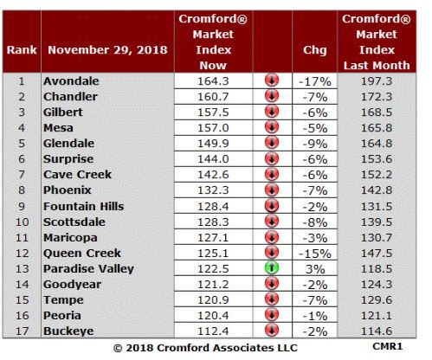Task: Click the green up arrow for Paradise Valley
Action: pyautogui.click(x=272, y=267)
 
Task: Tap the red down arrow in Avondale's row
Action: pyautogui.click(x=272, y=80)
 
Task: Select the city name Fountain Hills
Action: pyautogui.click(x=84, y=206)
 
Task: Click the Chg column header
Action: pyautogui.click(x=315, y=50)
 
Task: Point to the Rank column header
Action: pyautogui.click(x=22, y=50)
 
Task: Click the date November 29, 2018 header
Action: pyautogui.click(x=107, y=50)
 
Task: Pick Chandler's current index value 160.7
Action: pyautogui.click(x=213, y=97)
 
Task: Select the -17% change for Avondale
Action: pyautogui.click(x=315, y=81)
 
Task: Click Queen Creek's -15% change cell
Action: pyautogui.click(x=315, y=254)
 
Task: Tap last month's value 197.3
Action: pyautogui.click(x=377, y=81)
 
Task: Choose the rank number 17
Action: pyautogui.click(x=22, y=331)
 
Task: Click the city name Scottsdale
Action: pyautogui.click(x=74, y=222)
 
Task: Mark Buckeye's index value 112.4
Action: pyautogui.click(x=213, y=331)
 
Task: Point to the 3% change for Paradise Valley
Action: pyautogui.click(x=315, y=269)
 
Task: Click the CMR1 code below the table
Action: pyautogui.click(x=387, y=346)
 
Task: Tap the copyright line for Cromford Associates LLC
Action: pyautogui.click(x=205, y=348)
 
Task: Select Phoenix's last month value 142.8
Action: pyautogui.click(x=377, y=190)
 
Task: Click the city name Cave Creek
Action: pyautogui.click(x=77, y=175)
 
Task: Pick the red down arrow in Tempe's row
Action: pyautogui.click(x=272, y=299)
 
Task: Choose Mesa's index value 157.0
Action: pyautogui.click(x=213, y=128)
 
